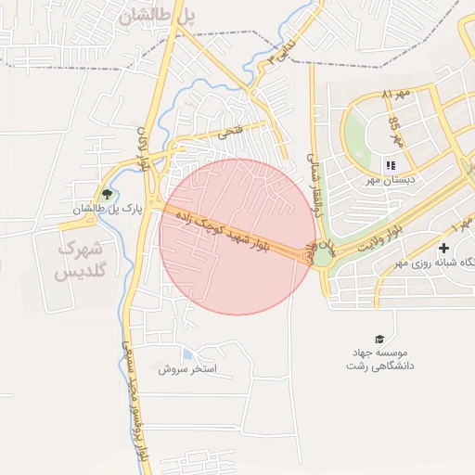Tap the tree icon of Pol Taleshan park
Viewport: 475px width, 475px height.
pyautogui.click(x=107, y=195)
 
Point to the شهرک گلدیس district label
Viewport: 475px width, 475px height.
pyautogui.click(x=82, y=261)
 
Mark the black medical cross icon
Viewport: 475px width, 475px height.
pyautogui.click(x=444, y=248)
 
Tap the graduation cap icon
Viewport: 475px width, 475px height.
pyautogui.click(x=379, y=339)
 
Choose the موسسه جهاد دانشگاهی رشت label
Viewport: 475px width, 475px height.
pyautogui.click(x=379, y=359)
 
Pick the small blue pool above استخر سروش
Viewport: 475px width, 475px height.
pyautogui.click(x=188, y=354)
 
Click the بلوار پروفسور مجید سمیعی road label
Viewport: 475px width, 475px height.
pyautogui.click(x=135, y=399)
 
